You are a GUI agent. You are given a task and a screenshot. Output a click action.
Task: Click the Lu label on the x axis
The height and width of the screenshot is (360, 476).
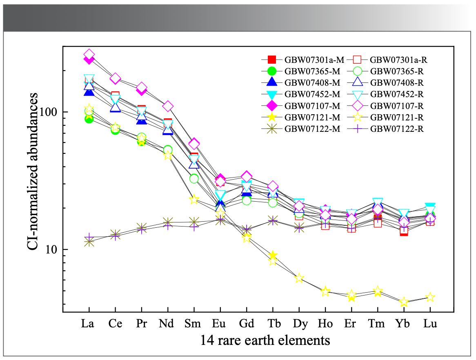point(430,324)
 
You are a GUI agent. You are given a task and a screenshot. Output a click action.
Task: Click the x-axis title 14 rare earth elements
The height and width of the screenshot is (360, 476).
point(265,340)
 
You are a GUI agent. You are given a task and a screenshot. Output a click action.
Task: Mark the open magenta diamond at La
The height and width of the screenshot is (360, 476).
point(89,54)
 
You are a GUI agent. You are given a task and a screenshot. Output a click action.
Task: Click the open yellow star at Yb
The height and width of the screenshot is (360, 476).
point(404,302)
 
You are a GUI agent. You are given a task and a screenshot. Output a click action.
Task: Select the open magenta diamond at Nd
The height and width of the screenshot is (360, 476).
point(168,106)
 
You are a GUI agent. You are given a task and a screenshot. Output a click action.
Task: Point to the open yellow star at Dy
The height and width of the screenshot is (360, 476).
point(299,278)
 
